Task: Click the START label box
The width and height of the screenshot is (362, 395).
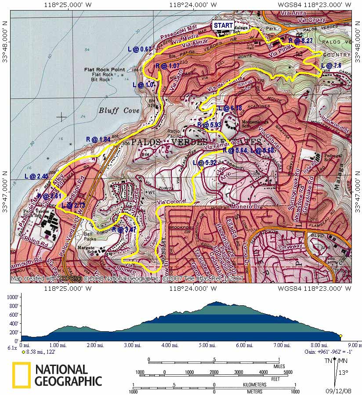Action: pos(223,26)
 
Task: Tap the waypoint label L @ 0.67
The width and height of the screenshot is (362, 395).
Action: pos(139,49)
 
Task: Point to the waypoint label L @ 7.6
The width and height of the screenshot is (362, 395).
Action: pos(331,66)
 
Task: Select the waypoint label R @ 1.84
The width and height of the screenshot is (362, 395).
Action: pos(98,139)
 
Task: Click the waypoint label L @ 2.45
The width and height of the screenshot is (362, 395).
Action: pos(36,176)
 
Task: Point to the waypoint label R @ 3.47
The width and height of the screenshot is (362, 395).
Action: pos(124,229)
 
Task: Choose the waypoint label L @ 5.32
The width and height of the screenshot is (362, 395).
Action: pos(205,163)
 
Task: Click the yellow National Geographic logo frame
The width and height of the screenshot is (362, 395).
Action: pos(21,375)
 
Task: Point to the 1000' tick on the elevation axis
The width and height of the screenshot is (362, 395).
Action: pos(12,297)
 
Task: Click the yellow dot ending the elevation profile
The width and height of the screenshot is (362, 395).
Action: pos(340,336)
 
